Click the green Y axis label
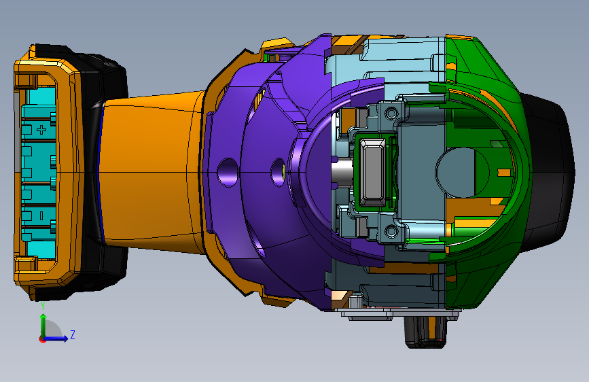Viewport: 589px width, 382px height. [x=43, y=306]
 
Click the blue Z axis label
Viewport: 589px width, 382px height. [x=73, y=334]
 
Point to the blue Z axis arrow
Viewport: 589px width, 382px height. [x=56, y=338]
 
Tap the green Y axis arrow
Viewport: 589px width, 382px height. [x=43, y=326]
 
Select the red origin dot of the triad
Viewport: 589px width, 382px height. [x=42, y=339]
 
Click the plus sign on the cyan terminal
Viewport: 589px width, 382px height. [x=41, y=130]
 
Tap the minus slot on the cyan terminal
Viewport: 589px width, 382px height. [x=41, y=215]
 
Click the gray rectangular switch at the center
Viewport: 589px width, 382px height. [x=372, y=171]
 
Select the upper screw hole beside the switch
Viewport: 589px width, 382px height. [x=391, y=112]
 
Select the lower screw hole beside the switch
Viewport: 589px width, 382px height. [x=391, y=231]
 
